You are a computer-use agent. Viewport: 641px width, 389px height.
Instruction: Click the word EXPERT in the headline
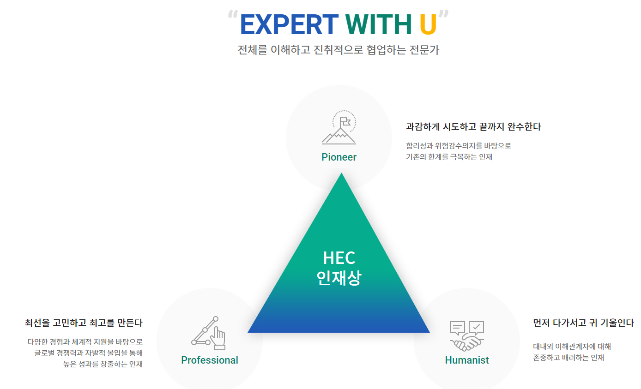289,24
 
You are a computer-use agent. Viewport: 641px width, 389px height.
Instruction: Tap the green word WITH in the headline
379,24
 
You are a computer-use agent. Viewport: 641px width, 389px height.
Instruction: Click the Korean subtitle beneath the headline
338,50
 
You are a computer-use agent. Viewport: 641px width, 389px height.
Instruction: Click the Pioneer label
339,157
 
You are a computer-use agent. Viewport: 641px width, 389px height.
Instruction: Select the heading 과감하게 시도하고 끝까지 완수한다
473,126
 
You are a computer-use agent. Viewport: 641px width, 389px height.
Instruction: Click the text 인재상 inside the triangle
339,278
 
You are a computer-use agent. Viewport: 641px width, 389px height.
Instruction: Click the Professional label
210,360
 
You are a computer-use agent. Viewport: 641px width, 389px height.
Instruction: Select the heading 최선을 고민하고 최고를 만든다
84,323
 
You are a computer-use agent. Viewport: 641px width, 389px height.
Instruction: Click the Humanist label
467,360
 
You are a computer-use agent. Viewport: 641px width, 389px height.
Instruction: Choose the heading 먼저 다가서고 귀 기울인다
583,323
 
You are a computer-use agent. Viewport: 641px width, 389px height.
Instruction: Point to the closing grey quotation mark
443,16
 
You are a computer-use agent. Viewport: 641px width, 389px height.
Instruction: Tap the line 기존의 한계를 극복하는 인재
449,157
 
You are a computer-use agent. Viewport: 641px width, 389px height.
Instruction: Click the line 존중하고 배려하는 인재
568,358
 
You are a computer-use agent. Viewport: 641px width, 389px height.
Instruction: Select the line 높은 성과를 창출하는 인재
103,364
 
